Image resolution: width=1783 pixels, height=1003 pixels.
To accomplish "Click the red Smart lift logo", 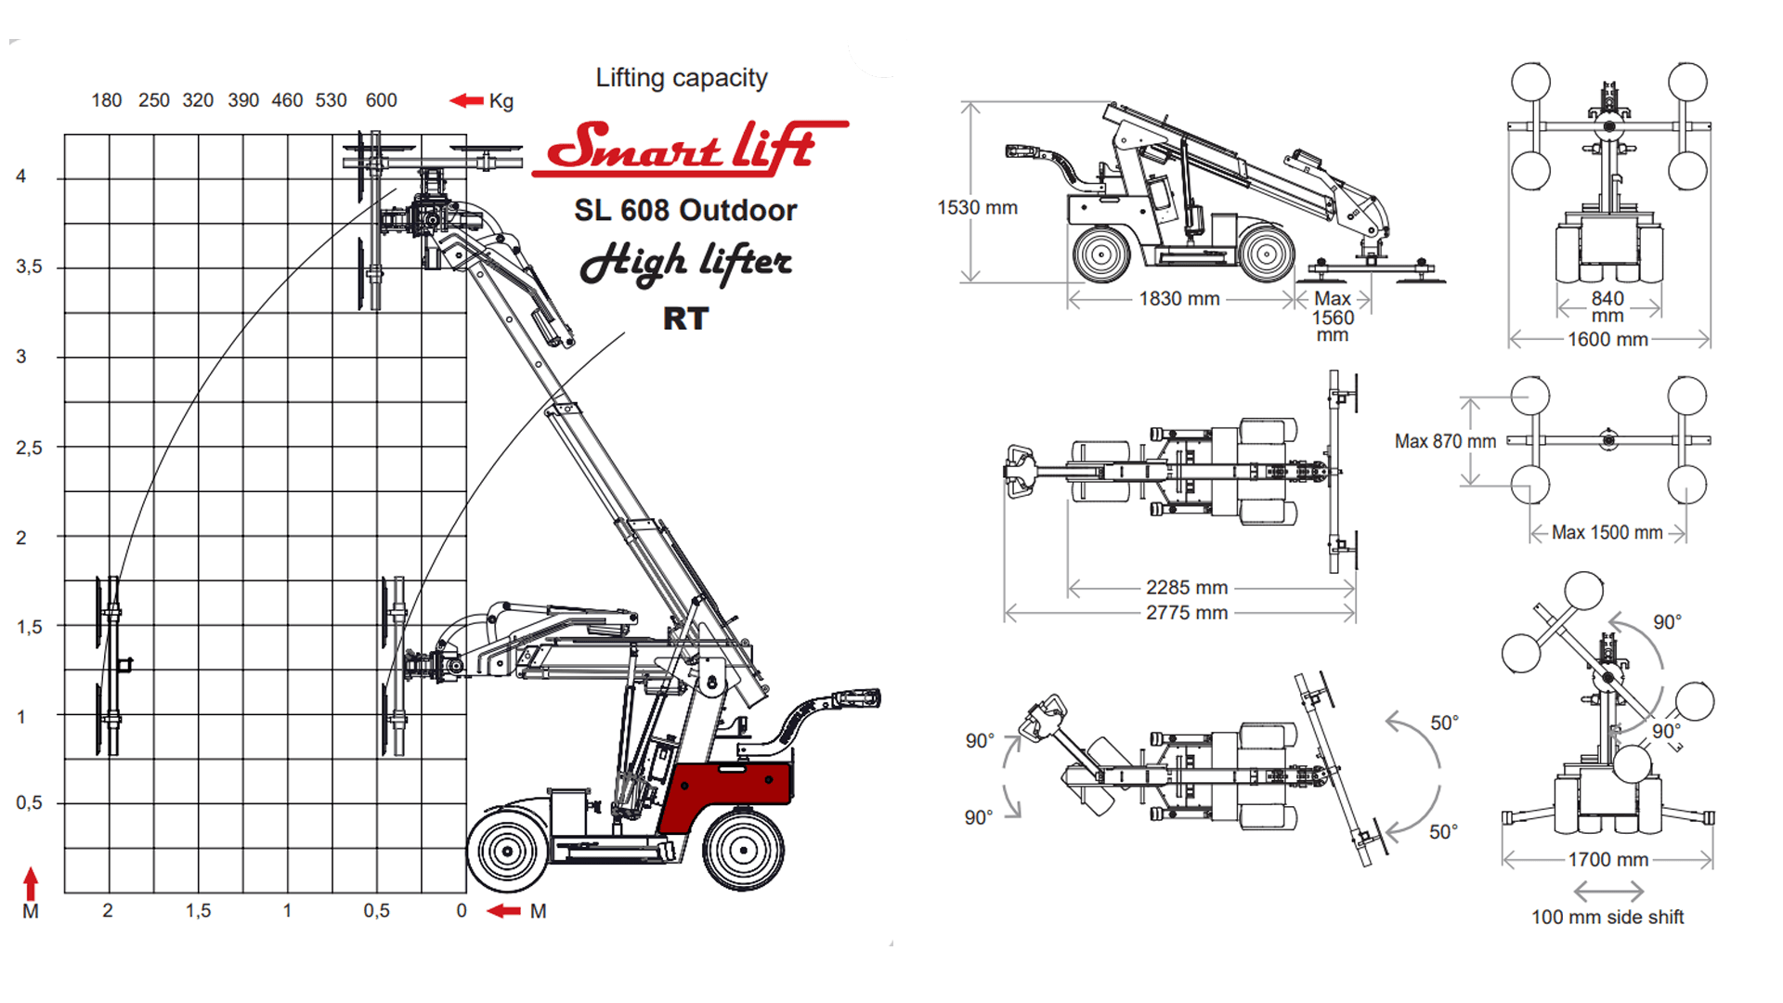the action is (689, 149).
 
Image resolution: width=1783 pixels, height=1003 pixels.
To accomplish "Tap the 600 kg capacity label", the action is (381, 100).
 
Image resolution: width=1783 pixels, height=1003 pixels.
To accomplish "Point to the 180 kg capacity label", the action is (107, 100).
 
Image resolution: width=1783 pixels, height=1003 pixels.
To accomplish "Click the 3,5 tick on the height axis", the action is (29, 267).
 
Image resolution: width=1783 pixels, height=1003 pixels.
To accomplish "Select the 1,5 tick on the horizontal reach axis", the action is (198, 911).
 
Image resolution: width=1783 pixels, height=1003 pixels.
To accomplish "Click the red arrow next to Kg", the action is (466, 100).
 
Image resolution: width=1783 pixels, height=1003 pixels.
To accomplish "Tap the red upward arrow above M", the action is (31, 883).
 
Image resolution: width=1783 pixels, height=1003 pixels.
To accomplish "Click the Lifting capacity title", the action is (682, 78).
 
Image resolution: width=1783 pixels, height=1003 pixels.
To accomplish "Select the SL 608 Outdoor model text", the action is (685, 210).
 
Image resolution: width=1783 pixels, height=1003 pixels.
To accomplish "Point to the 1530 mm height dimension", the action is (977, 208).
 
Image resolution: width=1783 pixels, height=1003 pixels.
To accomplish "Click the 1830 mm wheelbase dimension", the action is (1179, 299).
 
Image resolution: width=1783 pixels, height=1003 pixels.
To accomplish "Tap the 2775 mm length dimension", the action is (1187, 613).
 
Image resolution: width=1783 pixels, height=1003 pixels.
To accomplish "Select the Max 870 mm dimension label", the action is (1445, 442).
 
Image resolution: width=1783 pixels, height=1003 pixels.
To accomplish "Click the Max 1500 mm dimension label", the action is (1607, 533).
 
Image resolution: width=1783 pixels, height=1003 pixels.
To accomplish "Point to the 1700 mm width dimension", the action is (1608, 860).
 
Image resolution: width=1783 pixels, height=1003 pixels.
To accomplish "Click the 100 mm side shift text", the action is (1607, 918).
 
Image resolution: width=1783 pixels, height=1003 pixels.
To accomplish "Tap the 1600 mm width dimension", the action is (1608, 340).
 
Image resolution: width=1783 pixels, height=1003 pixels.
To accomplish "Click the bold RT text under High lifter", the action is (685, 319).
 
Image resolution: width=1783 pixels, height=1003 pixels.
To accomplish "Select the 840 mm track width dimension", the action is (1607, 306).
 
